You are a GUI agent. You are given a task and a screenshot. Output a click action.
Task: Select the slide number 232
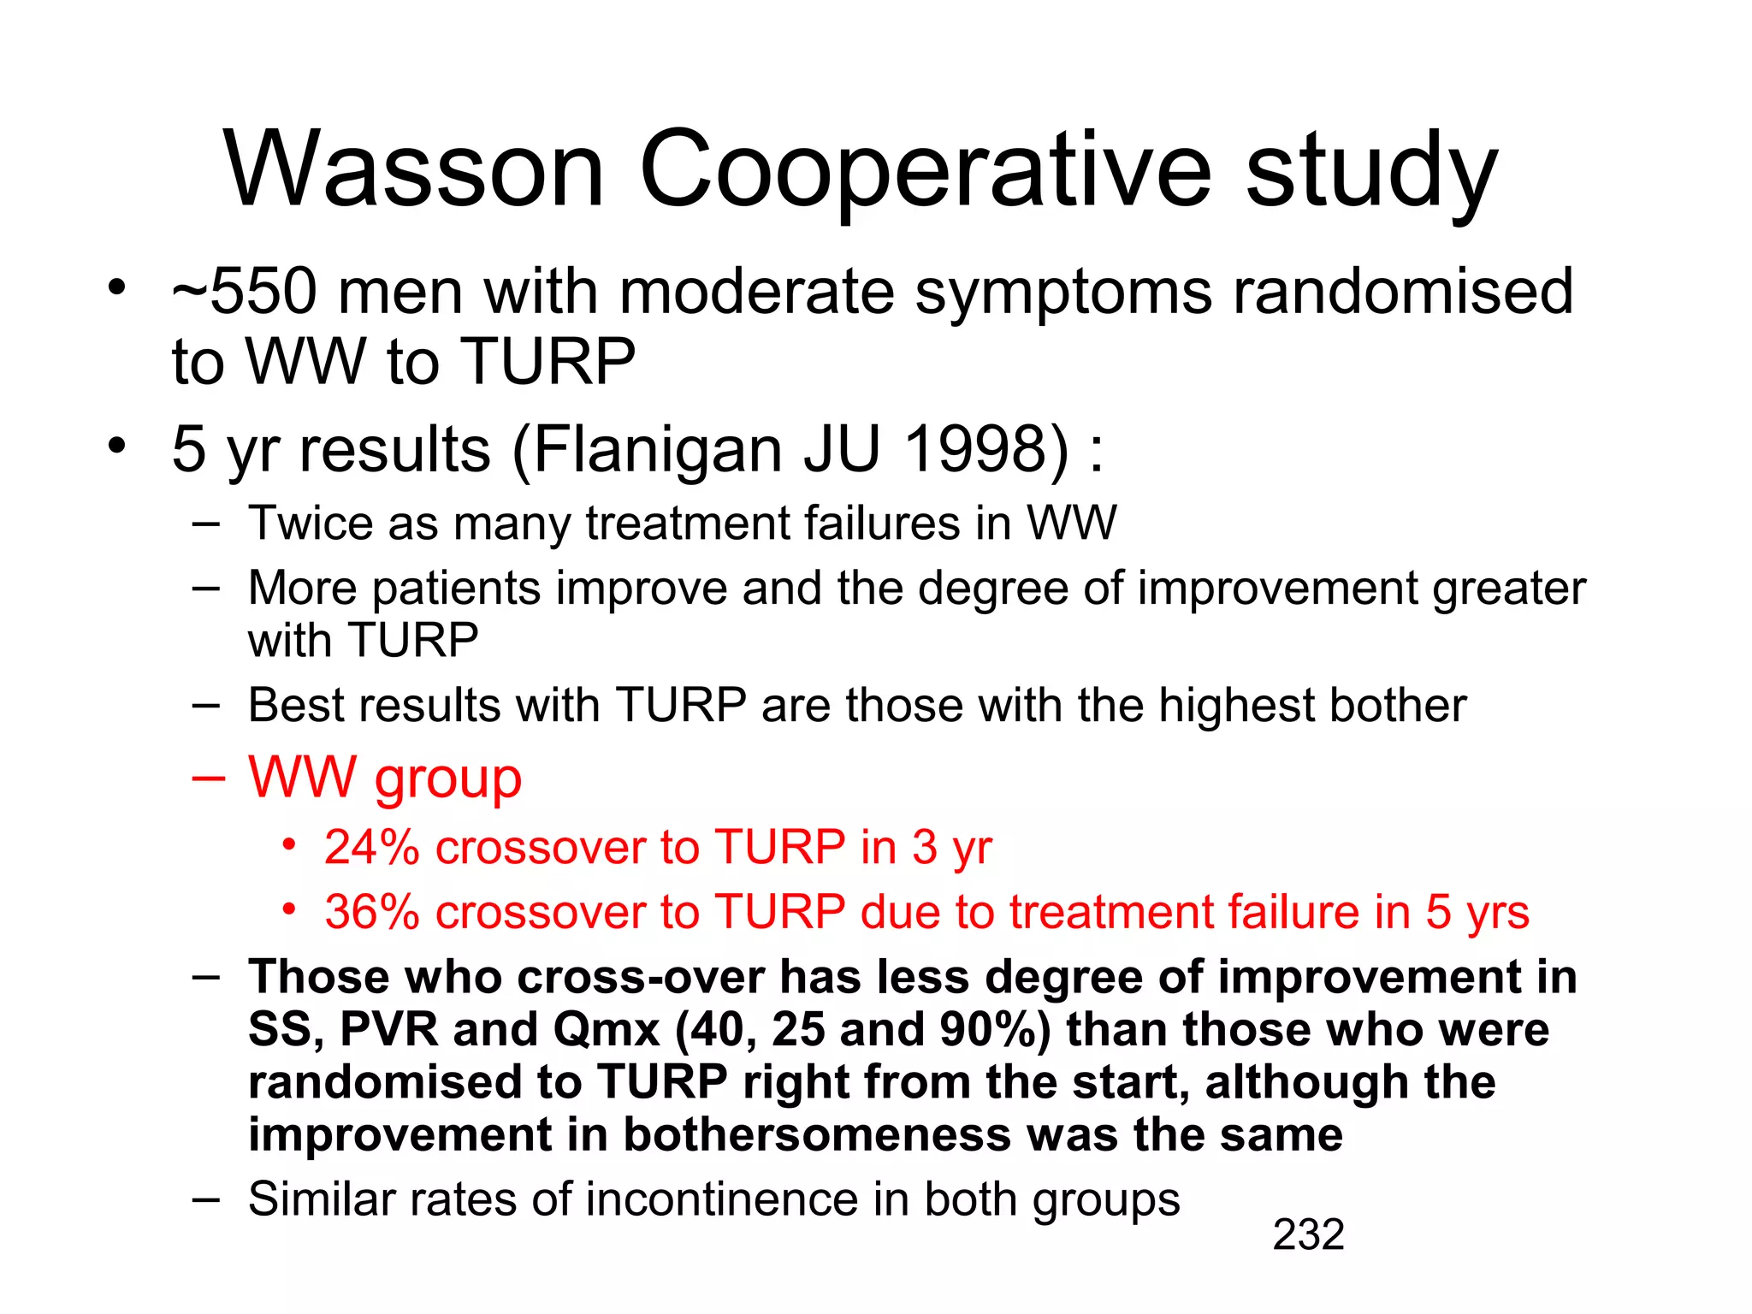[1308, 1234]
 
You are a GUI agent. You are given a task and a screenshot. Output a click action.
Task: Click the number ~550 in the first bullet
[246, 292]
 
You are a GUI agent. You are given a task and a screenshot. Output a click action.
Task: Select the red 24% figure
[371, 847]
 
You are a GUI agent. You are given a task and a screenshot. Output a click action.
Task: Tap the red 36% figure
[371, 911]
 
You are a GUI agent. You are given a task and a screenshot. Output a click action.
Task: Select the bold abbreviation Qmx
[607, 1029]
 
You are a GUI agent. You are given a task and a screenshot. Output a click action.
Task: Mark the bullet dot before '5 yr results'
[117, 445]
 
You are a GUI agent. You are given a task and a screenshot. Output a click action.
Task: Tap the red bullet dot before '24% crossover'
[290, 845]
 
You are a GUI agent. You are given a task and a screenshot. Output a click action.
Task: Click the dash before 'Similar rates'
[206, 1199]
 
